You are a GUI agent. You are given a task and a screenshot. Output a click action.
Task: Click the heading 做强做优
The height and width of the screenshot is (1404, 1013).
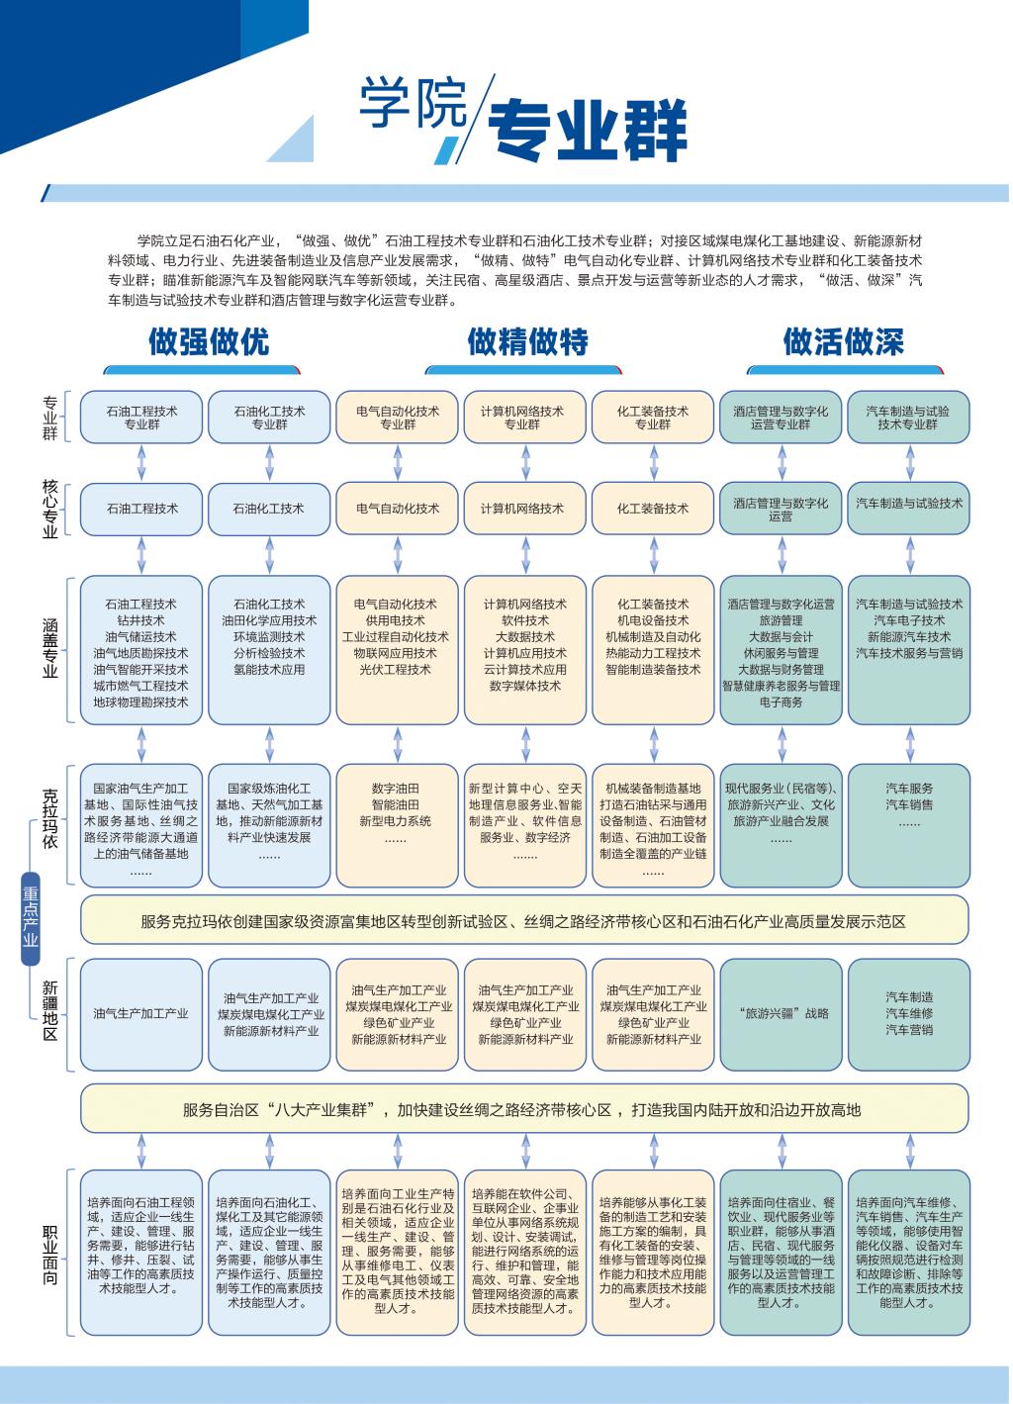(209, 342)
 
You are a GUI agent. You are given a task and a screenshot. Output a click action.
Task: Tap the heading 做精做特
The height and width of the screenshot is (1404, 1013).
(527, 342)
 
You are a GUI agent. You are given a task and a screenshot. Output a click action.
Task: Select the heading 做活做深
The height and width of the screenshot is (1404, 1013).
(843, 342)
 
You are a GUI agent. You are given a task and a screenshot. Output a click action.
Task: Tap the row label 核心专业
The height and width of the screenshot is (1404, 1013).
(50, 509)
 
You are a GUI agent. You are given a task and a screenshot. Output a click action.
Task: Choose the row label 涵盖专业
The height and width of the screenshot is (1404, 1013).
(50, 647)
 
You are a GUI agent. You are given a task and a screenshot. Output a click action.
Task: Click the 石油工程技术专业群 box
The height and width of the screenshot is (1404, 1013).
(141, 418)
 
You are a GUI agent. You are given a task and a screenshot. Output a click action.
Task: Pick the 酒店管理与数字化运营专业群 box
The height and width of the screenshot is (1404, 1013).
(781, 418)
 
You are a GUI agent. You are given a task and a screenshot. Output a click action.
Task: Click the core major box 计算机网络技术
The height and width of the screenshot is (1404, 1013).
(522, 509)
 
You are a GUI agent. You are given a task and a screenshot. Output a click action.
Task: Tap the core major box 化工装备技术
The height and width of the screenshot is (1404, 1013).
(653, 509)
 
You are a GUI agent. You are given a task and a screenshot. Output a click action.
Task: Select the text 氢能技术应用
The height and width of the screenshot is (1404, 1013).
(270, 670)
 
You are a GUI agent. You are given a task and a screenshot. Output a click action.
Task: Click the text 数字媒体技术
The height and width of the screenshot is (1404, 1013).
(524, 686)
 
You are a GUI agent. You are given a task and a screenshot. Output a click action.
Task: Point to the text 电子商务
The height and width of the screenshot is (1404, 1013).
(781, 702)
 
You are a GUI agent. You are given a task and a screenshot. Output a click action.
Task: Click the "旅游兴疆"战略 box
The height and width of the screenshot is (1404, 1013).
(781, 1013)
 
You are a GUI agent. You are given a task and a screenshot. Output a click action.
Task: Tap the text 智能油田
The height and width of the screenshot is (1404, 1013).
(396, 805)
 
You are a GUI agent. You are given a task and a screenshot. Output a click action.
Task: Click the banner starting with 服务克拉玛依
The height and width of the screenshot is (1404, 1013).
(523, 921)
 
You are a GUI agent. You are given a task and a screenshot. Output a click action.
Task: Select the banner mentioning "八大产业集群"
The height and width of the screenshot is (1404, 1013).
(523, 1109)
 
